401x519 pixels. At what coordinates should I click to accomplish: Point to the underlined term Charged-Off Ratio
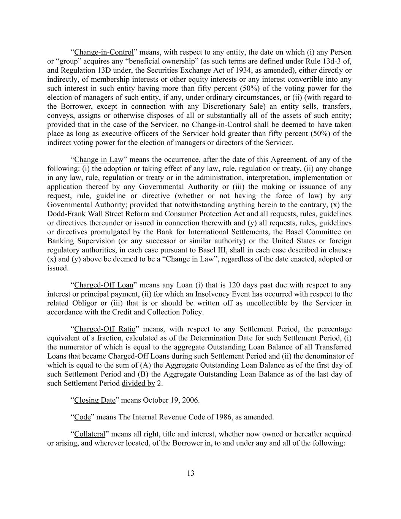click(x=105, y=329)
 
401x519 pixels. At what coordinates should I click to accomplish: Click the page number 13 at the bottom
click(x=191, y=473)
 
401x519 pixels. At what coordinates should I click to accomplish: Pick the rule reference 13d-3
click(x=334, y=61)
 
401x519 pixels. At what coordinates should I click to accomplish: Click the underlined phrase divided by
click(x=138, y=384)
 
